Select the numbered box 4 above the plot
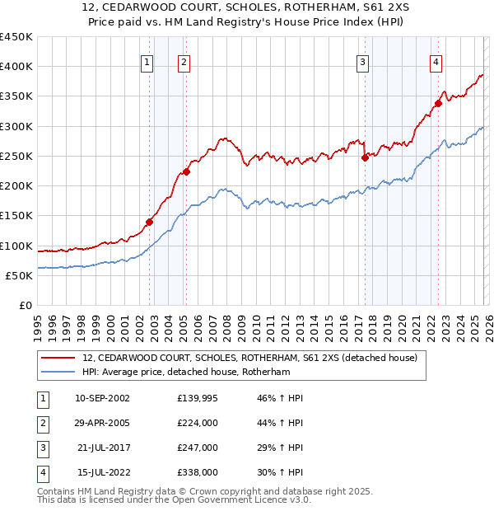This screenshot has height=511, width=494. pos(435,61)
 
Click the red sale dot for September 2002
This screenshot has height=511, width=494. pos(150,221)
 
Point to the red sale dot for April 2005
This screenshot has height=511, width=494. pos(187,171)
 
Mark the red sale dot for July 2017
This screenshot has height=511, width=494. pos(364,157)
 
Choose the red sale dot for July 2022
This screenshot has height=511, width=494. pos(438,104)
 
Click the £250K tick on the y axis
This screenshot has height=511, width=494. pos(16,156)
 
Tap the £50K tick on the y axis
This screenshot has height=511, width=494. pos(19,275)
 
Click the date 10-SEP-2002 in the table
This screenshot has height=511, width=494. pos(102,398)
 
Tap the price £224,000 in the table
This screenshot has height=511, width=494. pos(197,423)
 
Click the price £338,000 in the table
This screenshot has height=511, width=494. pos(197,472)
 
